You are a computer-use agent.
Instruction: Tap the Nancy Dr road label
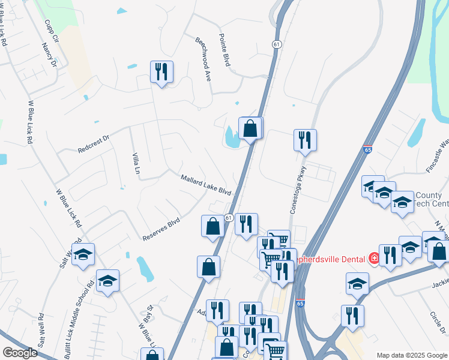pos(49,54)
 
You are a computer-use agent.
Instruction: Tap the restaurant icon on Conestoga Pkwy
pos(306,140)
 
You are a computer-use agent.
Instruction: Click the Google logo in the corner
pos(20,353)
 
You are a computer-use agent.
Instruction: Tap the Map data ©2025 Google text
pos(412,355)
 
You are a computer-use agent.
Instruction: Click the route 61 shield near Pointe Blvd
pos(276,45)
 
